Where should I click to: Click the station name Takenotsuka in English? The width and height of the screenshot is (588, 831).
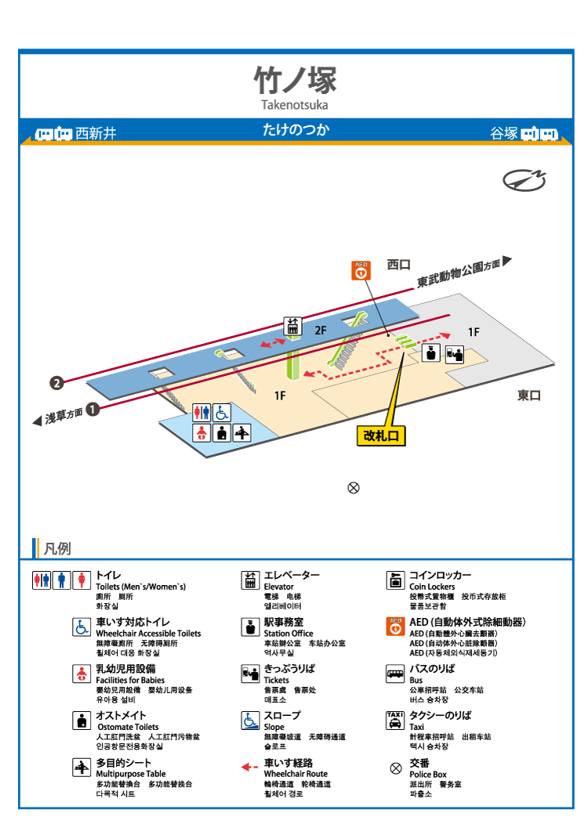pyautogui.click(x=295, y=105)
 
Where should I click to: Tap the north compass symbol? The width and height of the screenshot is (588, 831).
pyautogui.click(x=524, y=180)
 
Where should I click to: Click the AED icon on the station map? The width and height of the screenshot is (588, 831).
pyautogui.click(x=361, y=270)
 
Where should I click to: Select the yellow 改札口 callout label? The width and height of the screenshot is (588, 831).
pyautogui.click(x=381, y=435)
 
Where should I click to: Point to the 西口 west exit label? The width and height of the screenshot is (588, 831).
pyautogui.click(x=398, y=265)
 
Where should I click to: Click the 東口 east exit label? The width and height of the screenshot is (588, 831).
pyautogui.click(x=528, y=396)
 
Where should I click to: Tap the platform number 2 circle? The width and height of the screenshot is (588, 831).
pyautogui.click(x=56, y=383)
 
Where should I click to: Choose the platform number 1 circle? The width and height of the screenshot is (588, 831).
pyautogui.click(x=93, y=409)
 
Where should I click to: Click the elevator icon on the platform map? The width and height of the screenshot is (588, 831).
pyautogui.click(x=292, y=326)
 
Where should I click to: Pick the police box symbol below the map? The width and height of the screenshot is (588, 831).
pyautogui.click(x=354, y=488)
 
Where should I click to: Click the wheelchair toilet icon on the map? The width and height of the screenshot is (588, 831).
pyautogui.click(x=222, y=412)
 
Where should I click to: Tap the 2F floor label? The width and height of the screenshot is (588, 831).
pyautogui.click(x=321, y=331)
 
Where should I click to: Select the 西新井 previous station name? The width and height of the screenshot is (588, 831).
pyautogui.click(x=96, y=134)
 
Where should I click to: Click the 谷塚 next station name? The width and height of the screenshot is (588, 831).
pyautogui.click(x=503, y=133)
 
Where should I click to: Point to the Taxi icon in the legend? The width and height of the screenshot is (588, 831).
pyautogui.click(x=395, y=721)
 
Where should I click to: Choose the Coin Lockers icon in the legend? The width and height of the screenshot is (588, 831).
pyautogui.click(x=395, y=580)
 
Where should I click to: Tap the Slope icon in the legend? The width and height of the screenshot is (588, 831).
pyautogui.click(x=250, y=721)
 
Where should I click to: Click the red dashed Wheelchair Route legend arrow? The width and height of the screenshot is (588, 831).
pyautogui.click(x=249, y=767)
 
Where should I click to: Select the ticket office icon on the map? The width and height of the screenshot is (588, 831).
pyautogui.click(x=454, y=354)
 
